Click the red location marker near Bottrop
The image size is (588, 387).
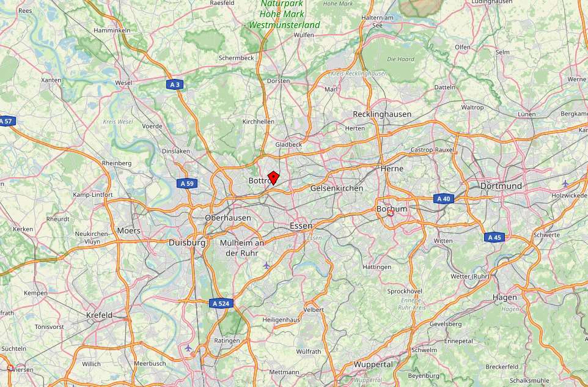(x=273, y=178)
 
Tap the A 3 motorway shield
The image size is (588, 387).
(x=175, y=84)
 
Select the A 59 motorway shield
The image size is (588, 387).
(x=186, y=183)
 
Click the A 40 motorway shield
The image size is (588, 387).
(x=444, y=199)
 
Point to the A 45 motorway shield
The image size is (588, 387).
(x=494, y=237)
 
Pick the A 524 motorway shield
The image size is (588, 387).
(x=221, y=303)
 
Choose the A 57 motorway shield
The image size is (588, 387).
(x=6, y=121)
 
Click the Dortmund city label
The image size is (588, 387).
(x=501, y=186)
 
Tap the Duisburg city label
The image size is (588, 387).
(x=187, y=243)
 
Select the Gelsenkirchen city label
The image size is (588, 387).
(x=337, y=188)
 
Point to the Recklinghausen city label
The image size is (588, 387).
(x=382, y=114)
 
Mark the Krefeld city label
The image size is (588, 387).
(x=99, y=315)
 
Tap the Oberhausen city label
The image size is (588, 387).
(x=228, y=218)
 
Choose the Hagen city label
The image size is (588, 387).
(x=505, y=298)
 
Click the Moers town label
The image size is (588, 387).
(x=128, y=230)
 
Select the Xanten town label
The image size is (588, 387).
(x=51, y=80)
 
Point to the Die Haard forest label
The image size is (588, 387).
(x=400, y=59)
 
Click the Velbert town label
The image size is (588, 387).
(x=314, y=310)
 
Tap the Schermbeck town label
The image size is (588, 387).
(x=236, y=58)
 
